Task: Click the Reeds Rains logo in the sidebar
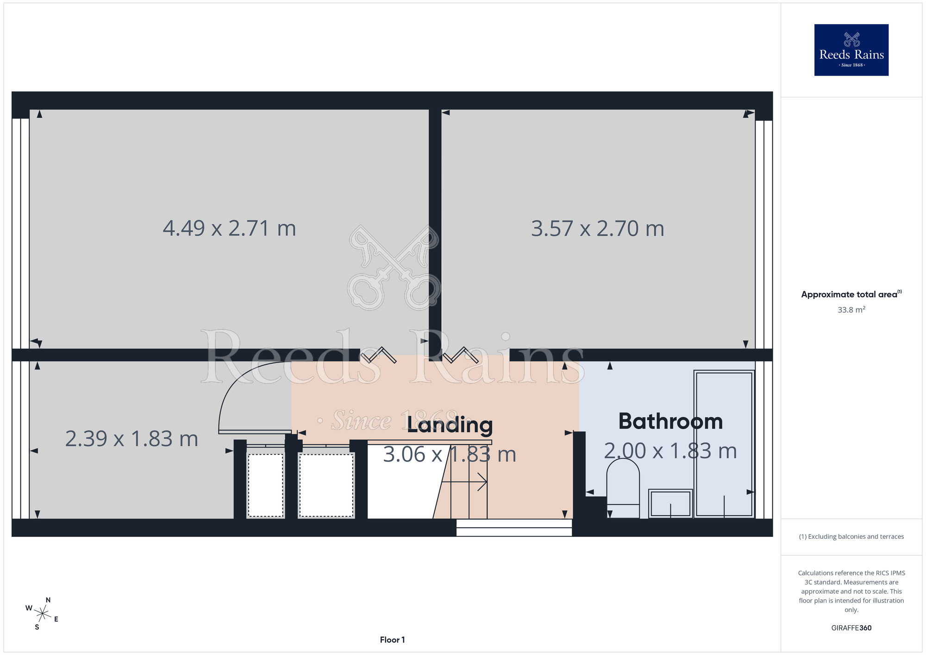point(851,50)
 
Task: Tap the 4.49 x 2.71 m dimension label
point(229,228)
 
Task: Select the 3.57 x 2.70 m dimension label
point(597,228)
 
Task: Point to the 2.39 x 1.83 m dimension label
point(131,439)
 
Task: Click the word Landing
point(450,425)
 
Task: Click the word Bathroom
point(670,421)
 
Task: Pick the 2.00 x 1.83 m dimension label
point(670,451)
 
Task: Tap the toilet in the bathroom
point(623,488)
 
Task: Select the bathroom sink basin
point(670,503)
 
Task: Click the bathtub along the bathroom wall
point(724,444)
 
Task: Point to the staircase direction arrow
point(464,482)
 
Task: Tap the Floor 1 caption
point(392,640)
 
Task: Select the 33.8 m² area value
point(851,309)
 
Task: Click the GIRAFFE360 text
point(851,628)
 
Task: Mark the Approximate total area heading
point(851,294)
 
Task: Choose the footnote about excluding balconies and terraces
point(851,536)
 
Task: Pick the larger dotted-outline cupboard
point(326,485)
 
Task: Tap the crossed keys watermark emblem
point(394,268)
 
